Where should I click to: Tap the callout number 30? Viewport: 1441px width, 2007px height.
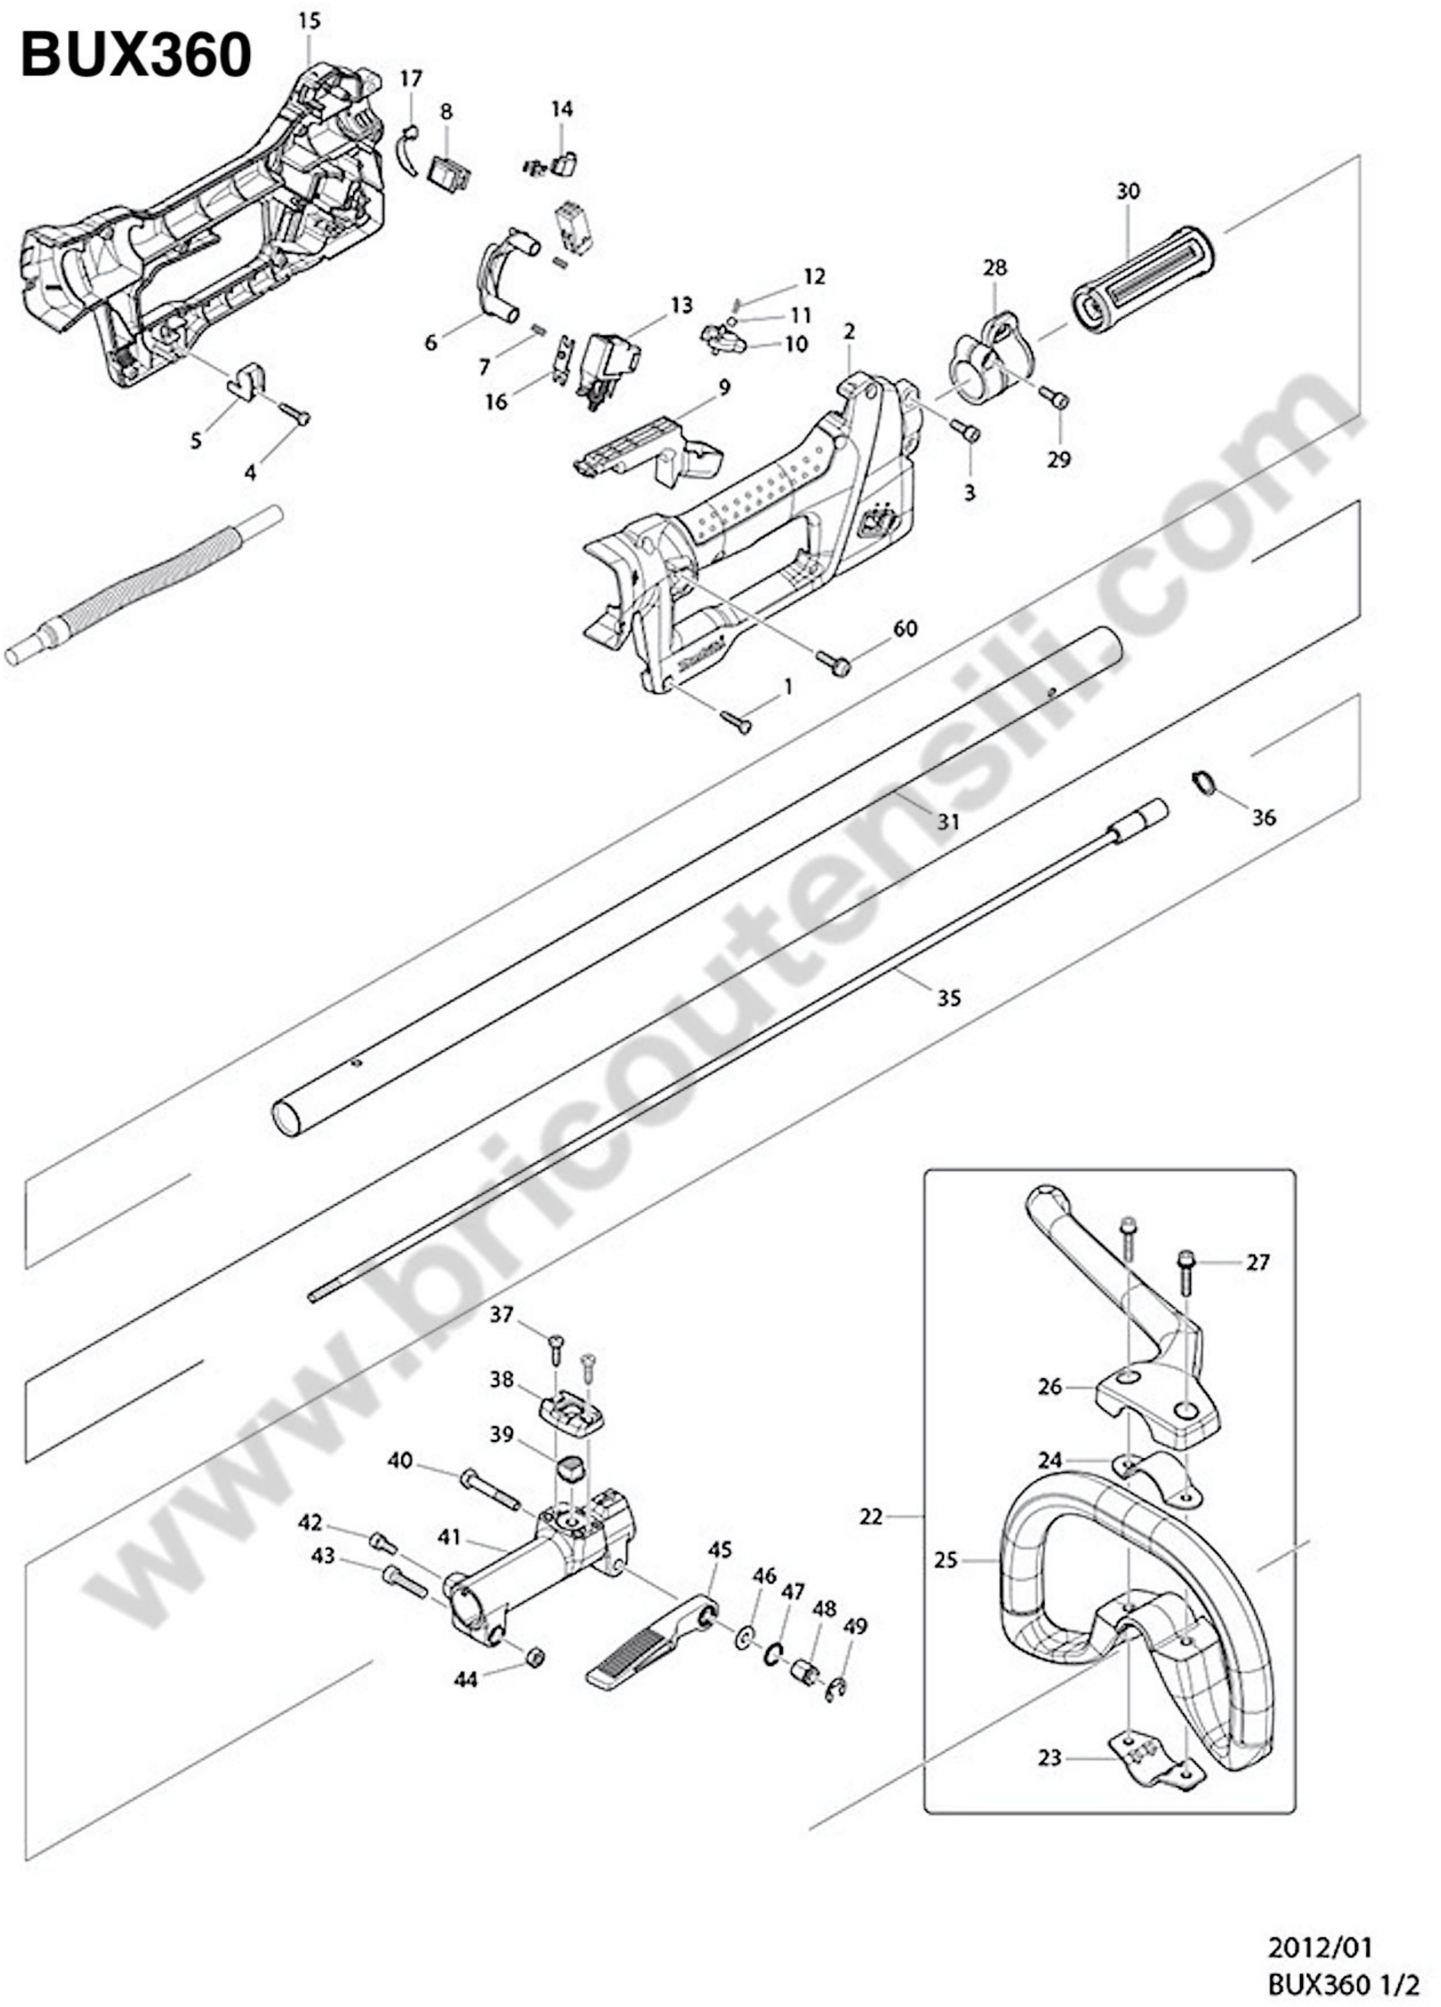tap(1127, 191)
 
